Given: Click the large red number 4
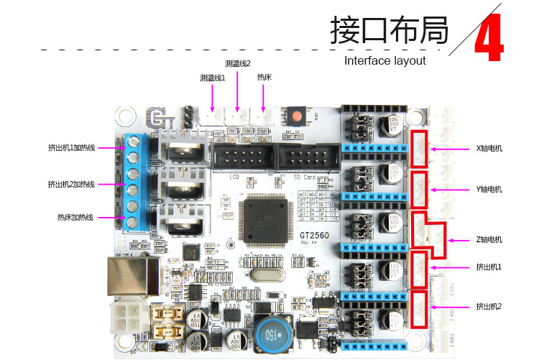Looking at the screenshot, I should tap(490, 36).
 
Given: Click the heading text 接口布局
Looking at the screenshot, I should tap(390, 31).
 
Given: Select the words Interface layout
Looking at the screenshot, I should tap(385, 60).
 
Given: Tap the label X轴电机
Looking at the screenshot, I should tap(489, 149).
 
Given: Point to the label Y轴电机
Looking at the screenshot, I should tap(489, 189).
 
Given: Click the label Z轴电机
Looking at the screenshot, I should tap(489, 239).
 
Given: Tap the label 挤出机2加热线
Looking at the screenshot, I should tap(71, 184).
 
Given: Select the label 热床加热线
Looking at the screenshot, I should tap(75, 217).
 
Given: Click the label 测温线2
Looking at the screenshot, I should tap(238, 63).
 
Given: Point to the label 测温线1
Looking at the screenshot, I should tap(213, 78).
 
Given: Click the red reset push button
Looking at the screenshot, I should tap(296, 116).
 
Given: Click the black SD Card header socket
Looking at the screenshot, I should tap(305, 157).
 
